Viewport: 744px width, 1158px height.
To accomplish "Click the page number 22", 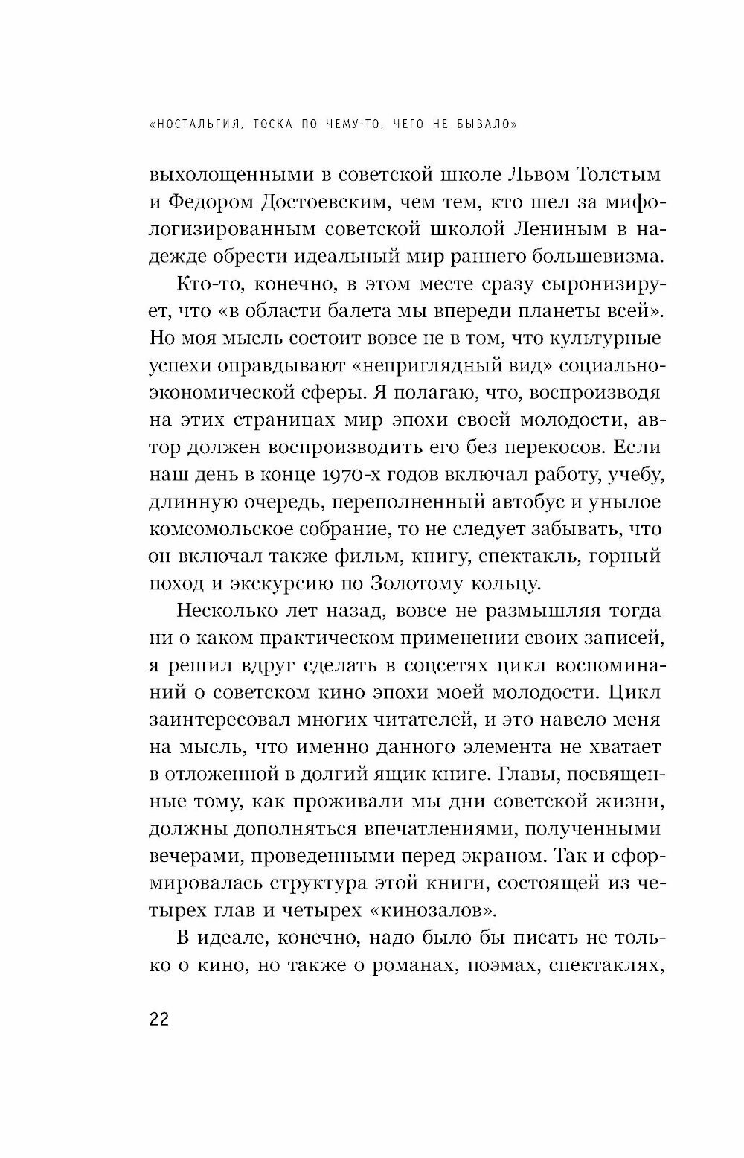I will click(x=159, y=1019).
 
